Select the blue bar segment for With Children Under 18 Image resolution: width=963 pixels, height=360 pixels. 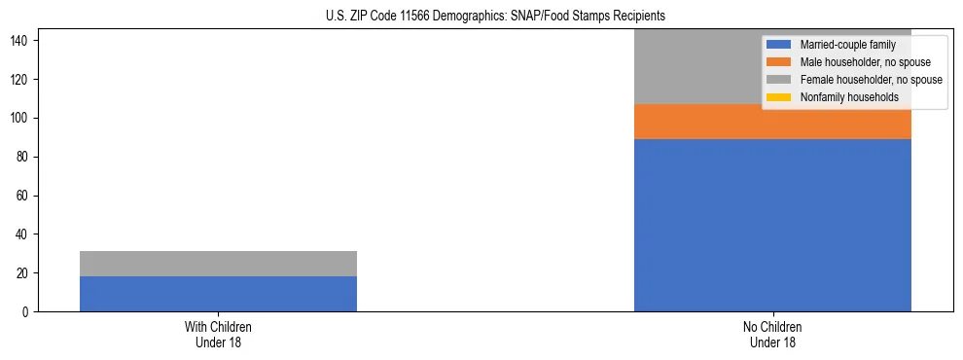pyautogui.click(x=218, y=294)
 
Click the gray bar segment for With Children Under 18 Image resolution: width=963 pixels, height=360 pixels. pyautogui.click(x=218, y=264)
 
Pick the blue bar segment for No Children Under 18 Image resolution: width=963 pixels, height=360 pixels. pyautogui.click(x=772, y=225)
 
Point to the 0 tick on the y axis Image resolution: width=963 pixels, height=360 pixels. pyautogui.click(x=26, y=312)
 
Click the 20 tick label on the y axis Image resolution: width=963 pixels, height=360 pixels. pyautogui.click(x=23, y=273)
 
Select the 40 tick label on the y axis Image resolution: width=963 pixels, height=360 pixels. pyautogui.click(x=23, y=234)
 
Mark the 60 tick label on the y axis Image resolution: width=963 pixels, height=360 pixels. pyautogui.click(x=23, y=196)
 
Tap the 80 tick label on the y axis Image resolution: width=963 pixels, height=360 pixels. pyautogui.click(x=23, y=157)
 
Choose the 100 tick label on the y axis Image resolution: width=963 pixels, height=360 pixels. pyautogui.click(x=20, y=118)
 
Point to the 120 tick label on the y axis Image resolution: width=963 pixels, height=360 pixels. pyautogui.click(x=20, y=79)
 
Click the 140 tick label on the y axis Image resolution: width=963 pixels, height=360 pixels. pyautogui.click(x=20, y=40)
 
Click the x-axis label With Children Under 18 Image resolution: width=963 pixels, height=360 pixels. pyautogui.click(x=218, y=334)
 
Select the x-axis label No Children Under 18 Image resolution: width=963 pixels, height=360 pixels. pyautogui.click(x=772, y=334)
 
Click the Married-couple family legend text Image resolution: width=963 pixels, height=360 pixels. pyautogui.click(x=843, y=45)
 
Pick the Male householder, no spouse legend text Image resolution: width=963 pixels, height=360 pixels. pyautogui.click(x=864, y=62)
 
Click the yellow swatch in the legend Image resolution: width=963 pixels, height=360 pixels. pyautogui.click(x=779, y=97)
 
